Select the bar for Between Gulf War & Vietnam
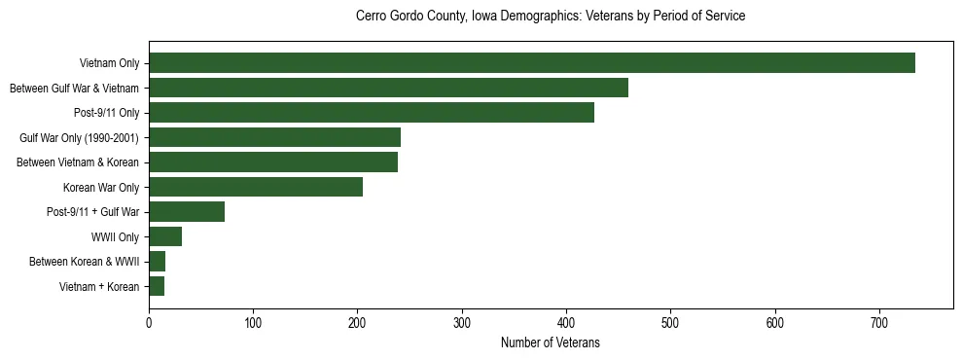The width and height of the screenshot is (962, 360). pyautogui.click(x=388, y=89)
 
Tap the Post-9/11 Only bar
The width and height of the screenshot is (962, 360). pyautogui.click(x=372, y=113)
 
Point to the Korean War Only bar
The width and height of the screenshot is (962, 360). pyautogui.click(x=256, y=187)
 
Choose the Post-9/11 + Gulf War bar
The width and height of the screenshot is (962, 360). pyautogui.click(x=187, y=212)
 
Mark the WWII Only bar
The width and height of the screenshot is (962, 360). pyautogui.click(x=165, y=236)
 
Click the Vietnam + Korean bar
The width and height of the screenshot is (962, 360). pyautogui.click(x=157, y=286)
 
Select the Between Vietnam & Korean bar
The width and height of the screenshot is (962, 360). pyautogui.click(x=273, y=162)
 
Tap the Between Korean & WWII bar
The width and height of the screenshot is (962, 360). pyautogui.click(x=157, y=262)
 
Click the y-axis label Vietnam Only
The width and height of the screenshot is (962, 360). pyautogui.click(x=110, y=64)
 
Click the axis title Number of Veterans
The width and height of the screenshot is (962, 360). pyautogui.click(x=550, y=343)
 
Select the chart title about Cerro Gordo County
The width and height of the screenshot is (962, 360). pyautogui.click(x=551, y=17)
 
